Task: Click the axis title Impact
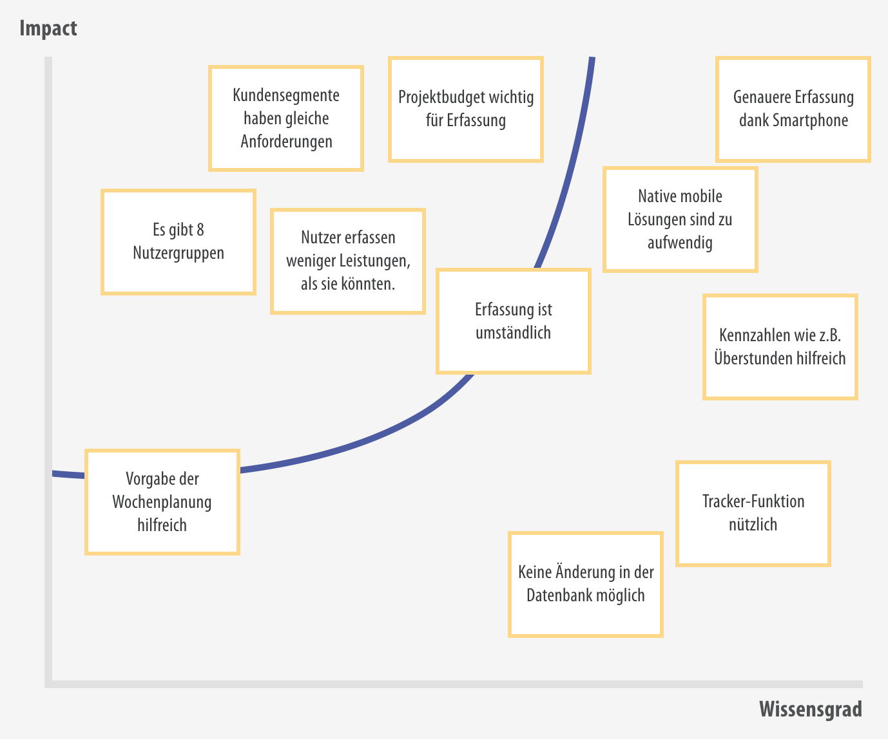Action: click(x=48, y=29)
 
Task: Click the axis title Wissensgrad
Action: click(x=811, y=709)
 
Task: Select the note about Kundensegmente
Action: click(x=285, y=118)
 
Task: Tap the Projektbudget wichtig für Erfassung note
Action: click(x=466, y=109)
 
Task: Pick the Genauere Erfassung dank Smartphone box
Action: click(x=793, y=109)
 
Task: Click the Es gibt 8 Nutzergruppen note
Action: click(x=179, y=242)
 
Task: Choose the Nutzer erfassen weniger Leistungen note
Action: click(x=348, y=261)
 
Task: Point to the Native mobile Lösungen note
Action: click(x=680, y=220)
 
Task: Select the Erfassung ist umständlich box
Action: click(x=514, y=321)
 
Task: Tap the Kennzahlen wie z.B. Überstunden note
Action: click(x=780, y=347)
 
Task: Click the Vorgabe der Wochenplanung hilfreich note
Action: click(x=162, y=502)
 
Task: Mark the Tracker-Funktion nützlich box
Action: click(x=753, y=513)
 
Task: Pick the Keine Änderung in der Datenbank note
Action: click(x=586, y=585)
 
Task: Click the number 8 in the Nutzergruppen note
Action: click(x=200, y=230)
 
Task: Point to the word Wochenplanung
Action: click(x=162, y=502)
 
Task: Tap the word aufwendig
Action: click(x=680, y=243)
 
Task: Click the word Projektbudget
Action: click(x=441, y=98)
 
